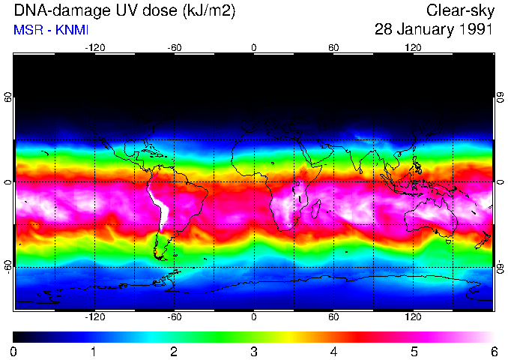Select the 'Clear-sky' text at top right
tap(459, 11)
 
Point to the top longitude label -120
tap(94, 48)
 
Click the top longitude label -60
tap(175, 48)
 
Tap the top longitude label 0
tap(254, 48)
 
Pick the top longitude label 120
tap(413, 48)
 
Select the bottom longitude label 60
tap(333, 317)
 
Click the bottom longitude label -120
tap(94, 317)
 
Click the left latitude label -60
tap(8, 267)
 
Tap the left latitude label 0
tap(8, 182)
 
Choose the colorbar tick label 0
tap(14, 351)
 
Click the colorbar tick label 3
tap(253, 351)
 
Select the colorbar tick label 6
tap(493, 351)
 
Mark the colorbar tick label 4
tap(333, 351)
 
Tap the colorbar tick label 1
tap(94, 351)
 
